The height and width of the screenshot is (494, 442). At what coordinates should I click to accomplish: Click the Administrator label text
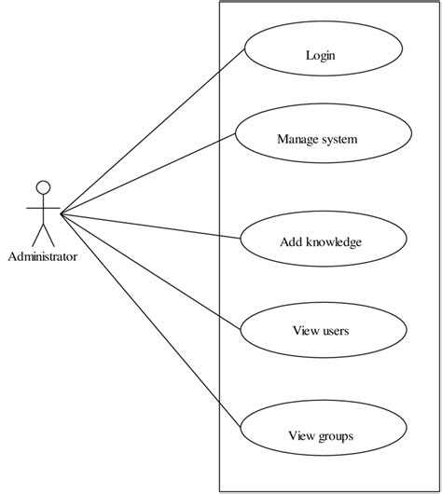click(42, 255)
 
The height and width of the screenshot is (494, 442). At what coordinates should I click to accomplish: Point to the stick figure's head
click(42, 185)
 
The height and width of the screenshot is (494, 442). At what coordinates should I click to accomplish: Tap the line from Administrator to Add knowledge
click(149, 228)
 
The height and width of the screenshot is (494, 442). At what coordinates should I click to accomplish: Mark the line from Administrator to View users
click(149, 271)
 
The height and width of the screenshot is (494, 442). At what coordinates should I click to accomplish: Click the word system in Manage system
click(339, 140)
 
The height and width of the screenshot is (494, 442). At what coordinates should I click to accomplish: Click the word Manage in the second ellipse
click(297, 140)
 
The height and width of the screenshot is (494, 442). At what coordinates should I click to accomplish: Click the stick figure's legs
click(42, 233)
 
